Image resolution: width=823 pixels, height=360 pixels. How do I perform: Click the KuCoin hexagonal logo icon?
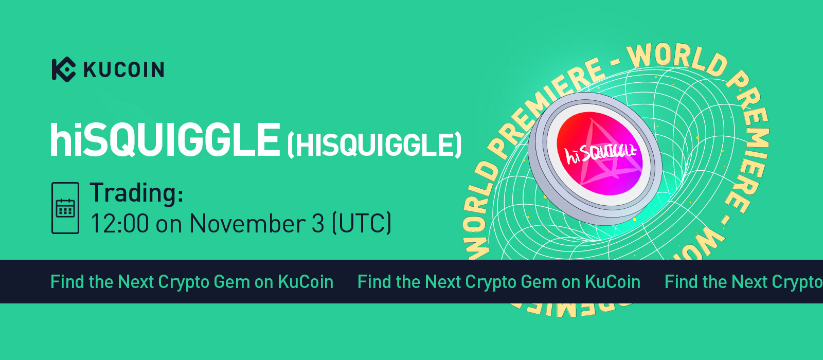pyautogui.click(x=64, y=69)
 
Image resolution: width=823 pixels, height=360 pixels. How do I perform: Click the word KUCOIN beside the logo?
pyautogui.click(x=124, y=70)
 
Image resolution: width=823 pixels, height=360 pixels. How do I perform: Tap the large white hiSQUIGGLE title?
pyautogui.click(x=165, y=140)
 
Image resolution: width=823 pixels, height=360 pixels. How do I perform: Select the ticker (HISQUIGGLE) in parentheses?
pyautogui.click(x=374, y=145)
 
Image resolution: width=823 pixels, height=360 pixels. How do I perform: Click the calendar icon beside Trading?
pyautogui.click(x=65, y=208)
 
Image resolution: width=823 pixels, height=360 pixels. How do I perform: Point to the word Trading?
pyautogui.click(x=137, y=192)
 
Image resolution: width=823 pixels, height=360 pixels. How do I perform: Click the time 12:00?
pyautogui.click(x=120, y=223)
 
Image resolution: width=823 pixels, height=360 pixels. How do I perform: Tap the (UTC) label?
pyautogui.click(x=362, y=223)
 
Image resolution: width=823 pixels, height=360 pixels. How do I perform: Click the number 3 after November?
pyautogui.click(x=318, y=223)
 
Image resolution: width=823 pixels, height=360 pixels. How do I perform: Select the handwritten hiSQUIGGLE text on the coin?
pyautogui.click(x=600, y=154)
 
